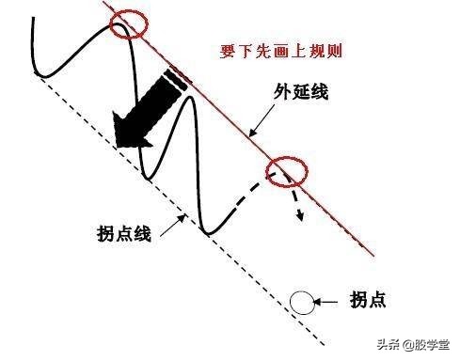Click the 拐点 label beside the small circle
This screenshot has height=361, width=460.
tap(368, 301)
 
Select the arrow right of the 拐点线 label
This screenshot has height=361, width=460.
tap(174, 224)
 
